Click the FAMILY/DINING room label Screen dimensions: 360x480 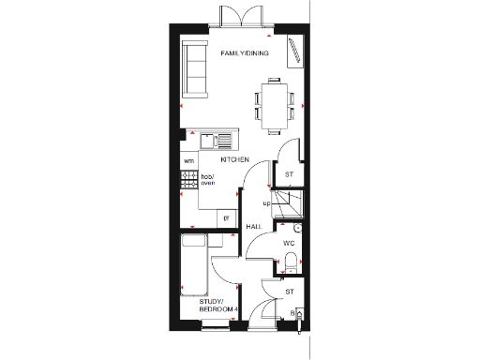245,53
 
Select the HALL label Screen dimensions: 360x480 253,227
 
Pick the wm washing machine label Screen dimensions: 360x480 188,161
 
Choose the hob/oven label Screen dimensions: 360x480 208,180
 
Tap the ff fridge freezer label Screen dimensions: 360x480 226,217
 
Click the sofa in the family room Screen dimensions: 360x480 197,68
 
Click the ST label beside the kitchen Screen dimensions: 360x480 290,174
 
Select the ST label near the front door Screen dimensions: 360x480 290,292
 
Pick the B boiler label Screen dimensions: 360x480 292,312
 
